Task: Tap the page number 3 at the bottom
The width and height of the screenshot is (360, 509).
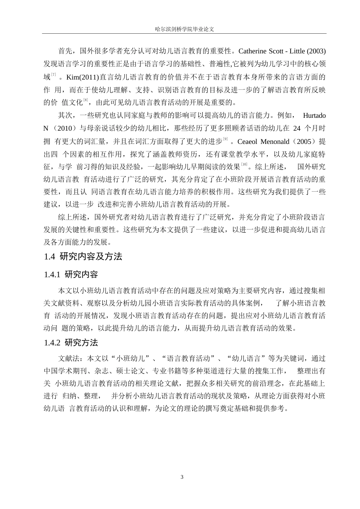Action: (x=182, y=476)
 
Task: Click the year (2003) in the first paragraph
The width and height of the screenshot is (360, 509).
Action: (x=316, y=51)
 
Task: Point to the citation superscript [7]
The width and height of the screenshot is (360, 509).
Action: (x=54, y=75)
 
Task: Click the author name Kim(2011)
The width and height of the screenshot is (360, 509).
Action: (x=82, y=77)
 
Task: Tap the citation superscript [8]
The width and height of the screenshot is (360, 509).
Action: (x=86, y=100)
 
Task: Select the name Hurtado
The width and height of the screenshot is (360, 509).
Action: (x=314, y=115)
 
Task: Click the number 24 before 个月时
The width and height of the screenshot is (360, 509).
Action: (x=297, y=128)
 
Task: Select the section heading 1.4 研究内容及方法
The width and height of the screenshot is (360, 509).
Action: (x=83, y=256)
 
